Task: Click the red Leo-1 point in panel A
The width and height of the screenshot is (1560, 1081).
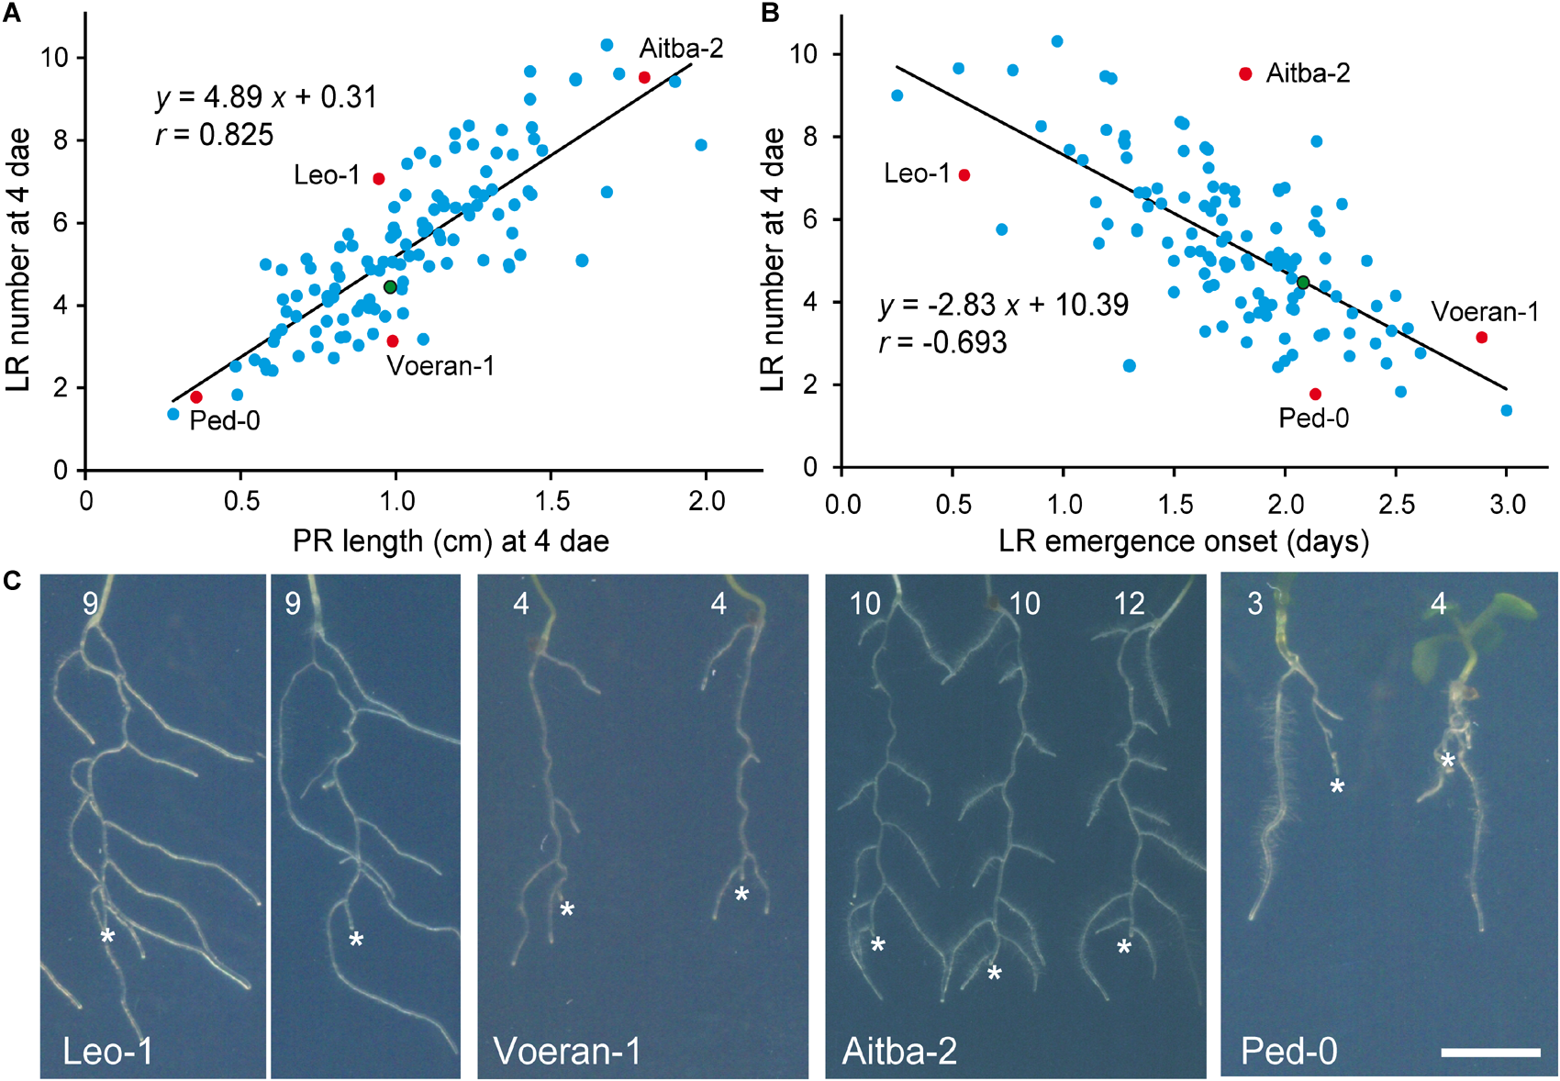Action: [379, 179]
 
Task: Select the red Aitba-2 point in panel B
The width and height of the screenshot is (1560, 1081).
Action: [1245, 73]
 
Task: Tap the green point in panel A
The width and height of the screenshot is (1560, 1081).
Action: [390, 287]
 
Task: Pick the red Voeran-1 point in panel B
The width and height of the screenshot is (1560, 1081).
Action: [1481, 338]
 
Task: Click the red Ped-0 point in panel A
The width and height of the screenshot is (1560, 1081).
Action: [195, 397]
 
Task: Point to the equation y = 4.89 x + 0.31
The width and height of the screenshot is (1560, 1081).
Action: [266, 97]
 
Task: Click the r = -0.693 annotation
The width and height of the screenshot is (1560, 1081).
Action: [942, 343]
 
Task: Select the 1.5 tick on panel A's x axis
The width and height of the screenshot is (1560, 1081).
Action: [552, 501]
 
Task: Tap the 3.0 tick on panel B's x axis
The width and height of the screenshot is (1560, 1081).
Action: [1507, 504]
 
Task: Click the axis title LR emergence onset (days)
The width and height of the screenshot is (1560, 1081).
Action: [1184, 541]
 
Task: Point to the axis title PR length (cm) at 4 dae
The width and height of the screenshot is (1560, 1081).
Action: [451, 541]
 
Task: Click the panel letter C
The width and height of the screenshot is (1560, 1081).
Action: [13, 580]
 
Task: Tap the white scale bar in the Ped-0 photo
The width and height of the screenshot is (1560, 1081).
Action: [1490, 1053]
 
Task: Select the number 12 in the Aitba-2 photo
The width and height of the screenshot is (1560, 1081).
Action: [1129, 604]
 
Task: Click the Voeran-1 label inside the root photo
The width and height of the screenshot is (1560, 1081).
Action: [566, 1051]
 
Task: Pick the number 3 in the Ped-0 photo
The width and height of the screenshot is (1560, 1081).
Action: [1254, 604]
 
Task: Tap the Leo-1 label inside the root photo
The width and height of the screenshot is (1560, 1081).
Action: [107, 1051]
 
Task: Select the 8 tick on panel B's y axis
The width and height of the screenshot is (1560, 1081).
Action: [808, 137]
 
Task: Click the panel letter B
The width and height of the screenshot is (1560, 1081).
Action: [771, 13]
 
